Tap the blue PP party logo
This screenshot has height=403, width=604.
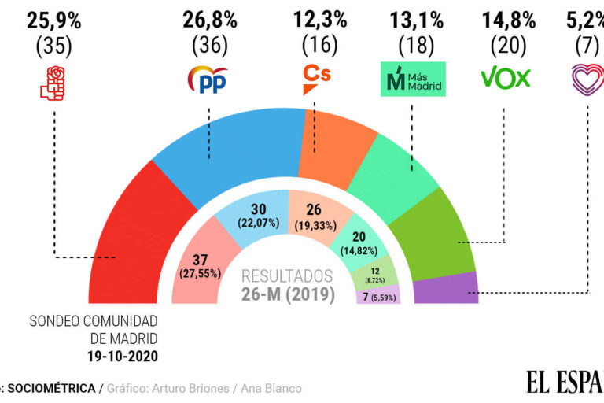[x=208, y=79]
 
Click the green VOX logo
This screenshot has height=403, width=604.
[x=506, y=77]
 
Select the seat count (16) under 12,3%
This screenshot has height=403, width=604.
[x=317, y=46]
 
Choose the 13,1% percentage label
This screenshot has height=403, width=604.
[x=414, y=17]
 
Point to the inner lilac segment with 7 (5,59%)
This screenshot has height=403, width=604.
[x=378, y=296]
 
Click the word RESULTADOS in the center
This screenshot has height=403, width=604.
[x=287, y=276]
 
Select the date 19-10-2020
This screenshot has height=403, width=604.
[x=124, y=356]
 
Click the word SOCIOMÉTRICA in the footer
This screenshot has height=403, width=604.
[x=53, y=388]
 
